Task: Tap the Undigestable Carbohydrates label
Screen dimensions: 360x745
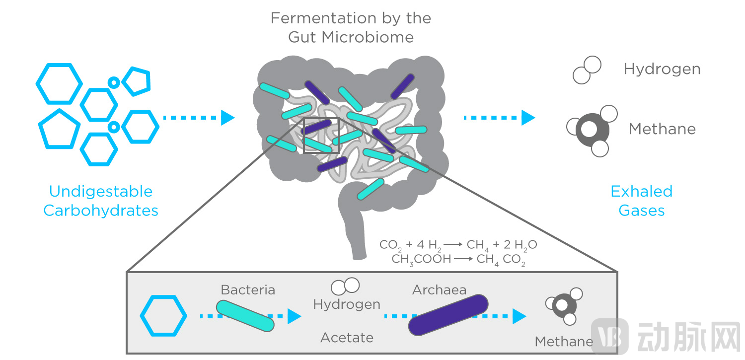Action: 101,201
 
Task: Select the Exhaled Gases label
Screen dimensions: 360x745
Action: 641,201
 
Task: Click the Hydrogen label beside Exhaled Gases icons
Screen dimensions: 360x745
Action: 662,69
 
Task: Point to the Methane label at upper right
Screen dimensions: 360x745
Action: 662,129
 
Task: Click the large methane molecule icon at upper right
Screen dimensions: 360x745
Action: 592,130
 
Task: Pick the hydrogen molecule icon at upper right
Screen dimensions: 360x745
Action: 587,70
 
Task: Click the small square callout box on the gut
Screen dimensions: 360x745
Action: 321,136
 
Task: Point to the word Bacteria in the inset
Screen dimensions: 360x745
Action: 248,289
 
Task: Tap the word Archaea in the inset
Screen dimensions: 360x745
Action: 439,289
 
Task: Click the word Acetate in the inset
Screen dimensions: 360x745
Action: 347,338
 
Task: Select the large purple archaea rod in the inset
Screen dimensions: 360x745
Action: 448,315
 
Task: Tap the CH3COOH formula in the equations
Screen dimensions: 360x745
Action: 421,259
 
